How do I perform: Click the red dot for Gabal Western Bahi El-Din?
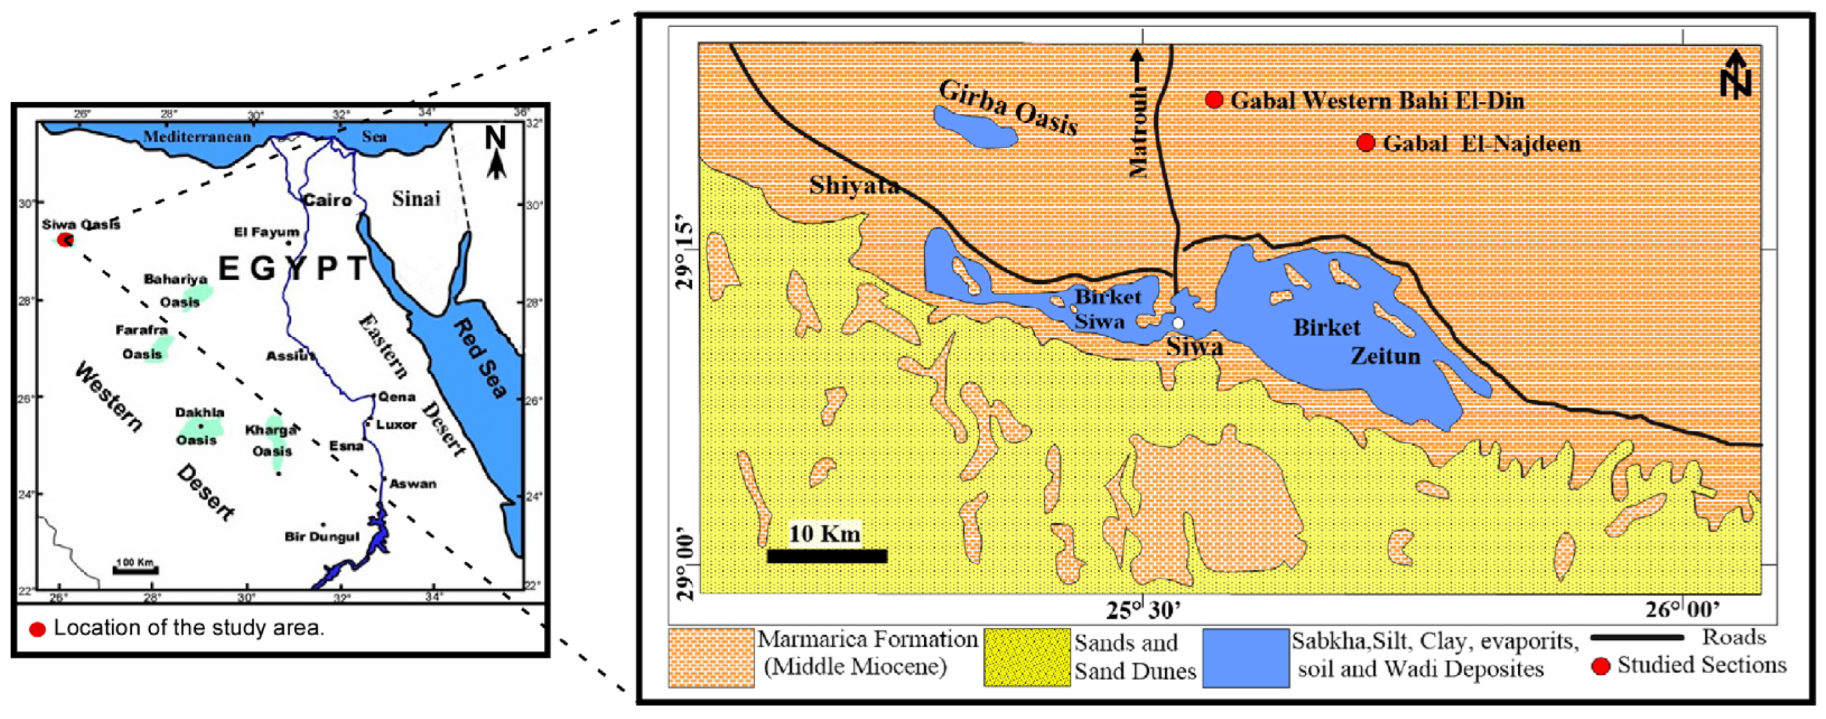click(1214, 100)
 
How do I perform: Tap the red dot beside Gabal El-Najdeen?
click(1365, 142)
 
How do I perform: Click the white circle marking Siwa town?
click(1177, 323)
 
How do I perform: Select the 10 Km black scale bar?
click(827, 556)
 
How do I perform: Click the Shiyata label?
click(853, 186)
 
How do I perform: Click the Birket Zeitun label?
click(1356, 342)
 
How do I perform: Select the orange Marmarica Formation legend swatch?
click(711, 657)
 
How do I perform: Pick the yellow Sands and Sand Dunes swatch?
click(1026, 657)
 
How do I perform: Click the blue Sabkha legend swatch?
click(1246, 657)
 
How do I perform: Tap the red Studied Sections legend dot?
click(1600, 666)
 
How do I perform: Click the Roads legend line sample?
click(1636, 638)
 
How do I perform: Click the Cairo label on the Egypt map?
click(327, 201)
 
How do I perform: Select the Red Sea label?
click(480, 358)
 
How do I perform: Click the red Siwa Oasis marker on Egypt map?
click(65, 240)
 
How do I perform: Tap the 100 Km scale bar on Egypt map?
click(135, 570)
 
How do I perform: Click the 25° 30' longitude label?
click(1143, 610)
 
